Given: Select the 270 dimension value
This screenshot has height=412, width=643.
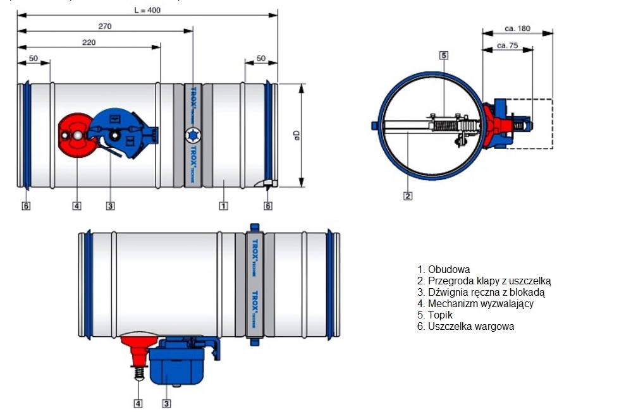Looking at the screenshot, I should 105,26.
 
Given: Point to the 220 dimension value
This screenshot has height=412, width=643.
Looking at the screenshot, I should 89,41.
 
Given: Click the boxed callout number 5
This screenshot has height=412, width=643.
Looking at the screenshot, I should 444,56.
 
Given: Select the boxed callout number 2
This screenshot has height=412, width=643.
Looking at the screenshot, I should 408,196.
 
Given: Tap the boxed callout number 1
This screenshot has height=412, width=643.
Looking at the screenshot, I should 223,205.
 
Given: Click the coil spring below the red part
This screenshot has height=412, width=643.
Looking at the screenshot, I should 138,375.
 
